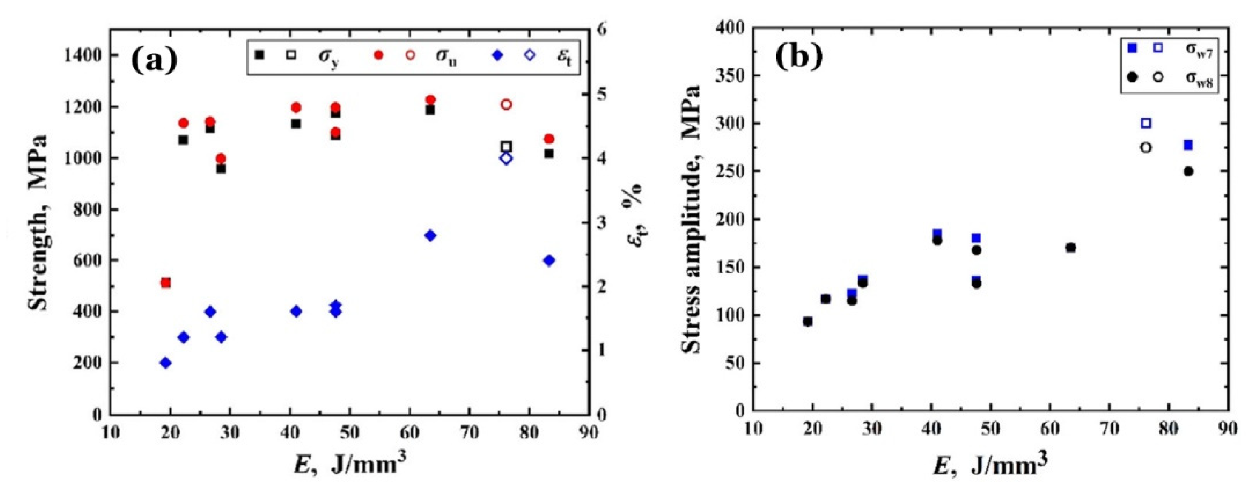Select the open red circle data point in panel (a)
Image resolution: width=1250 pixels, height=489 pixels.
tap(506, 104)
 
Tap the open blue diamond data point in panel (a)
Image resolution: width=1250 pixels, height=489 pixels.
tap(506, 158)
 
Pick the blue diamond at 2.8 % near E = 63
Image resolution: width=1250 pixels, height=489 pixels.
tap(430, 235)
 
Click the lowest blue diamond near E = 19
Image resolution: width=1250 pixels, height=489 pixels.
tap(166, 362)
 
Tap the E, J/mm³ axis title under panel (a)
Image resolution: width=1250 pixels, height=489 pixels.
tap(350, 466)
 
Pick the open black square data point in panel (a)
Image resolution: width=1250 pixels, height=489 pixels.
tap(506, 147)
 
